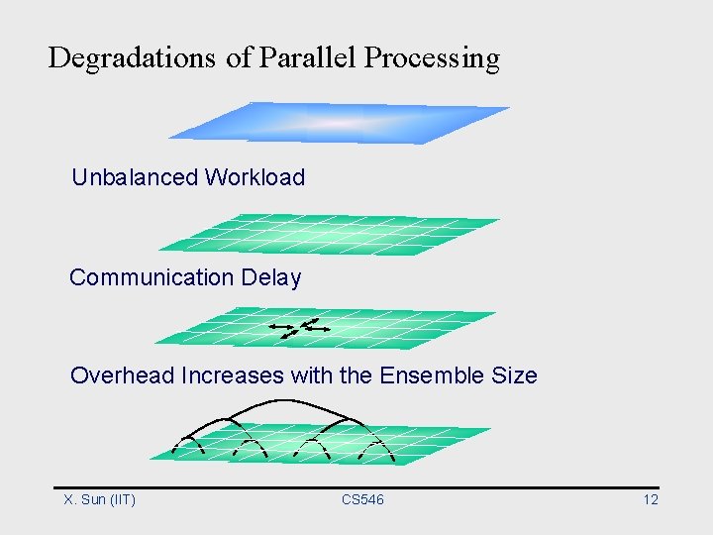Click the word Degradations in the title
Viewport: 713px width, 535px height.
pyautogui.click(x=131, y=57)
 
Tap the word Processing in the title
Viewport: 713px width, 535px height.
pyautogui.click(x=432, y=58)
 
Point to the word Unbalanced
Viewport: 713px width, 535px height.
pyautogui.click(x=135, y=177)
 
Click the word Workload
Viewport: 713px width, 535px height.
pyautogui.click(x=255, y=177)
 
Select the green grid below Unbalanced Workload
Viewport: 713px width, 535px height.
pyautogui.click(x=329, y=234)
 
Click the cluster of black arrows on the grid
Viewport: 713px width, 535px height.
pyautogui.click(x=301, y=328)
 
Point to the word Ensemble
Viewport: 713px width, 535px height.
pyautogui.click(x=433, y=375)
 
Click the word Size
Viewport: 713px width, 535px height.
pyautogui.click(x=514, y=375)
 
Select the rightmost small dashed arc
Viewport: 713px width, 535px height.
pyautogui.click(x=376, y=447)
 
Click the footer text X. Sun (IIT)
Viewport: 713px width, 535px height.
pyautogui.click(x=99, y=499)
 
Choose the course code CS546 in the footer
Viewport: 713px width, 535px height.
pyautogui.click(x=362, y=499)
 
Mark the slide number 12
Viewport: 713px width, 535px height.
pyautogui.click(x=651, y=499)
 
